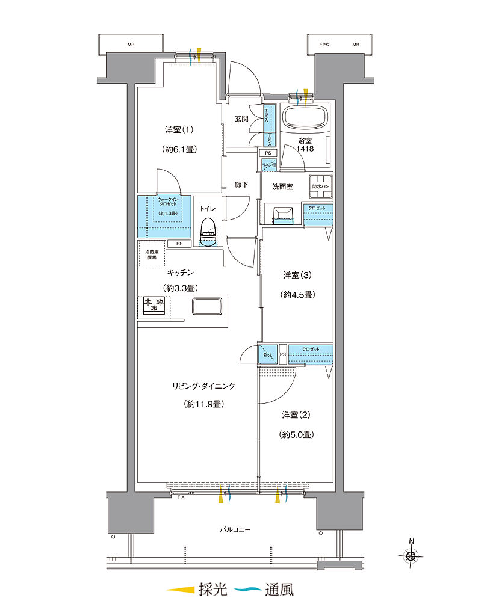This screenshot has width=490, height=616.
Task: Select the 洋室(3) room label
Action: coord(298,276)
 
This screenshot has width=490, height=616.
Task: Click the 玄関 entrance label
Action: coord(241,119)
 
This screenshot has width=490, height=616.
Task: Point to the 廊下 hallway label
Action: coord(241,185)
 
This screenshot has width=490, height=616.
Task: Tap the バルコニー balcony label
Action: coord(235,530)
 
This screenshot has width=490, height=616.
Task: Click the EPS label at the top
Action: coord(324,45)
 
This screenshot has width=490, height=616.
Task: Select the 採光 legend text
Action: coord(213,590)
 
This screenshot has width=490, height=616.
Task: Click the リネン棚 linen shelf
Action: coord(268,164)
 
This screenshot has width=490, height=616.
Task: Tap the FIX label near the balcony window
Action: coord(181,497)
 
